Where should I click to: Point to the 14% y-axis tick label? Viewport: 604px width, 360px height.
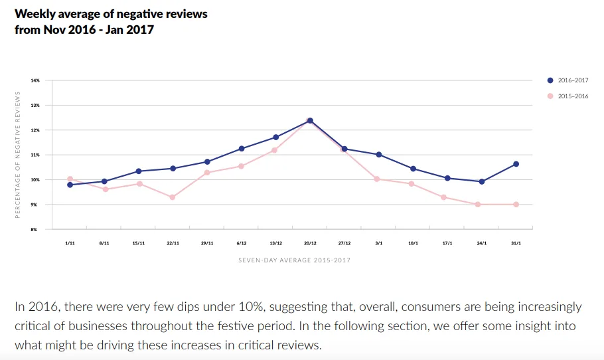(35, 80)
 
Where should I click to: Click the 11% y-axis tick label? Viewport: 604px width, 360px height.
(35, 155)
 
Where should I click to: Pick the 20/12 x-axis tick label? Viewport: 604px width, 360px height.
(310, 243)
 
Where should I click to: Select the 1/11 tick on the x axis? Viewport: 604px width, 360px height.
(70, 243)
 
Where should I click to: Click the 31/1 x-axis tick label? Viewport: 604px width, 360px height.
(516, 243)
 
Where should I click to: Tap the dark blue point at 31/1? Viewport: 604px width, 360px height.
(516, 164)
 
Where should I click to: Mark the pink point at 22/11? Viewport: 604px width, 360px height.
(173, 197)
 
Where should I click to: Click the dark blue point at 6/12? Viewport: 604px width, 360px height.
(242, 149)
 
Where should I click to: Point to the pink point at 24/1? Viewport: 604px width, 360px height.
(481, 205)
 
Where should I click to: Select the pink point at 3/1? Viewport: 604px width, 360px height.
(378, 179)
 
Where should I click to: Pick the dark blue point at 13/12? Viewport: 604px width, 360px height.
(275, 137)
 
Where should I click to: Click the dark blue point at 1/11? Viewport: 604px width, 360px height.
(70, 185)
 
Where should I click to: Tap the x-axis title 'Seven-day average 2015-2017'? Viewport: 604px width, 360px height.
(294, 260)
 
